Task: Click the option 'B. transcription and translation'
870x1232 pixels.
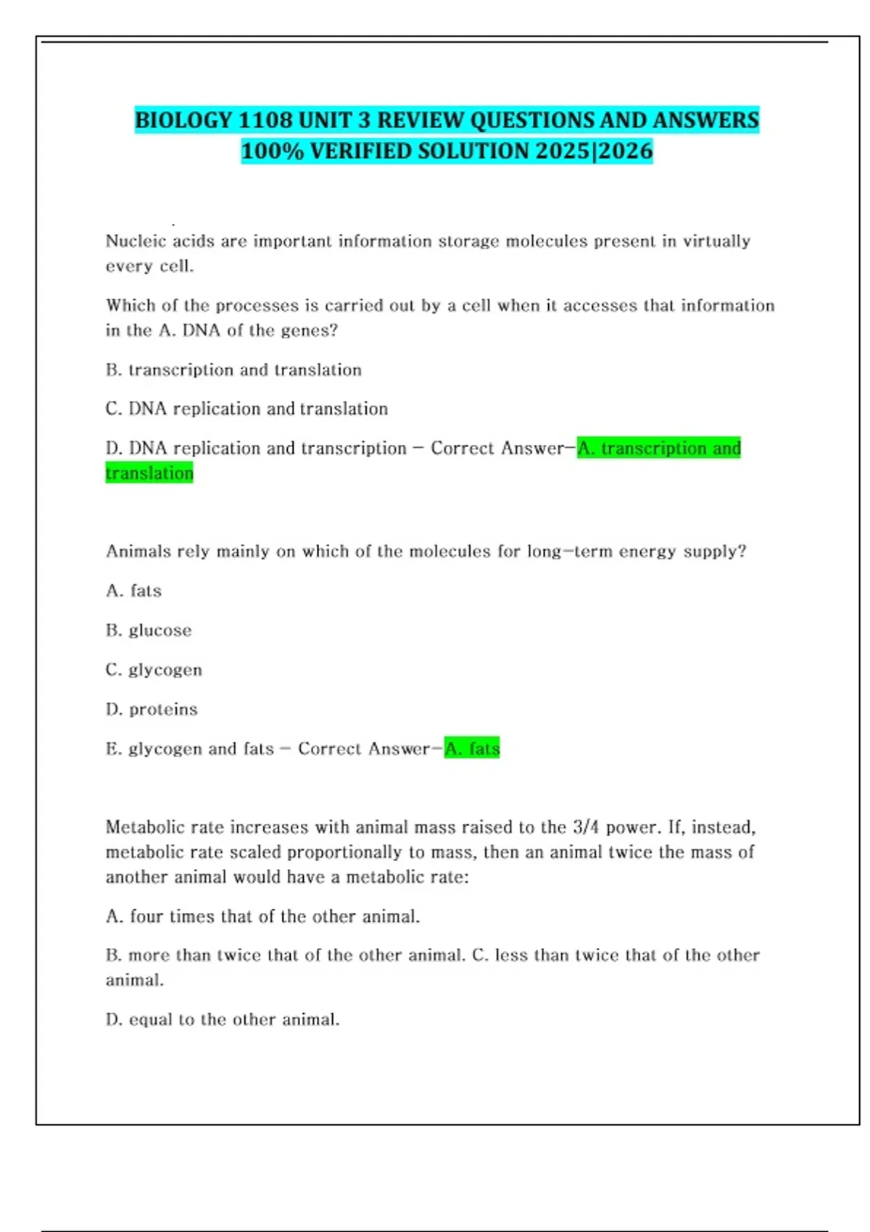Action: coord(233,370)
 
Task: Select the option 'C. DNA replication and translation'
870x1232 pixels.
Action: coord(246,409)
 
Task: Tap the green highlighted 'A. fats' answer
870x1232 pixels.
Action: coord(472,748)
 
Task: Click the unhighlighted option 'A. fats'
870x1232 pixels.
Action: coord(133,591)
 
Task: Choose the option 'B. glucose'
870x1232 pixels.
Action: coord(149,630)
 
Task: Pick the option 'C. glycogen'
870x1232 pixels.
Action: coord(154,670)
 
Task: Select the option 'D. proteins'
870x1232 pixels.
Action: coord(152,709)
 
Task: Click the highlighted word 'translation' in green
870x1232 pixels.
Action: coord(149,473)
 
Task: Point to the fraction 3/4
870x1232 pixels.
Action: coord(586,827)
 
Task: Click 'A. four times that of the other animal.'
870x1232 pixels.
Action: coord(262,916)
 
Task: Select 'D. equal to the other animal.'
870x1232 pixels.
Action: coord(223,1020)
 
